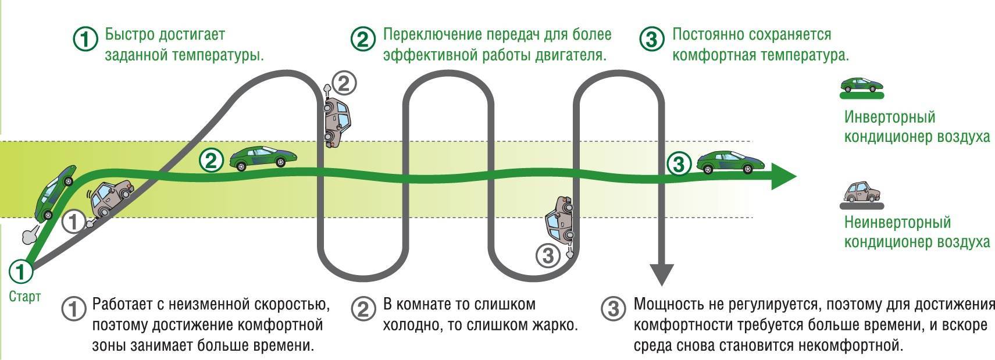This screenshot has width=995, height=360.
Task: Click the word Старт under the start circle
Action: tap(25, 297)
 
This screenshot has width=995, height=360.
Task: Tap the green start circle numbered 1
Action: tap(21, 271)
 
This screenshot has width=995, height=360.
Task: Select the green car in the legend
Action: tap(863, 84)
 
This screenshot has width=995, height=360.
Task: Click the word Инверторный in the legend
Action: tap(889, 117)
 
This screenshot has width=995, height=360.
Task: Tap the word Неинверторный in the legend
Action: tap(897, 222)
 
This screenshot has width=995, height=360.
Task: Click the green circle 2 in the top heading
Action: tap(363, 39)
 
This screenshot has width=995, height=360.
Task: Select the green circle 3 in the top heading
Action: tap(651, 39)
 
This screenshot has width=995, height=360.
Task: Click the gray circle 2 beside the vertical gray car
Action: tap(344, 84)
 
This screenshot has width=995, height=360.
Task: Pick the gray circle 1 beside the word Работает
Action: tap(73, 309)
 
